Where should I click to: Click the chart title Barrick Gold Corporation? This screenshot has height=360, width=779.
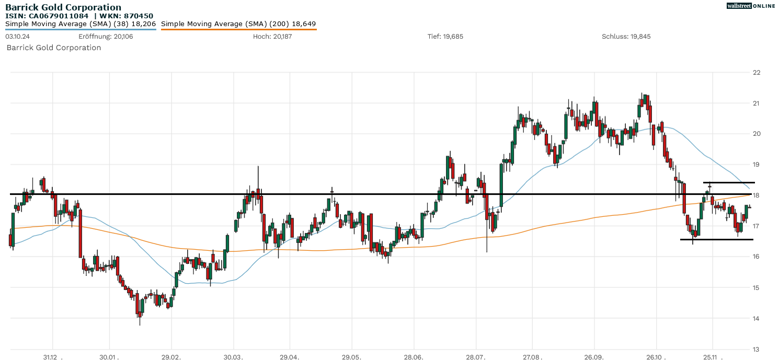coord(63,7)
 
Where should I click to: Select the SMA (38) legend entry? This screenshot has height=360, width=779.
coord(81,24)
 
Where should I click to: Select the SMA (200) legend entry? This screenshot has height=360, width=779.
coord(238,24)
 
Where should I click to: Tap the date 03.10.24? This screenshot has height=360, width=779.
coord(17,37)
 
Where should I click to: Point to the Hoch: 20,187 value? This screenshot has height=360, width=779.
coord(269,37)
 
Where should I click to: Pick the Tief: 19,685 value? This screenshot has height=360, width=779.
coord(445,37)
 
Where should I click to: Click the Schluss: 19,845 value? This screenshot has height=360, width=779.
coord(626,37)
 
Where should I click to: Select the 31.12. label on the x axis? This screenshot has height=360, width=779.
coord(53,357)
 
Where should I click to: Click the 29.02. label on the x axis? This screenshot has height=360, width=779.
coord(171,357)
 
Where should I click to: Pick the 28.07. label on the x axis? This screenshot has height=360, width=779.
coord(475,357)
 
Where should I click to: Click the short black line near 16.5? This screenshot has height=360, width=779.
coord(716,239)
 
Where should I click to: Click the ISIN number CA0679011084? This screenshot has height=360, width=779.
coord(58,16)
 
